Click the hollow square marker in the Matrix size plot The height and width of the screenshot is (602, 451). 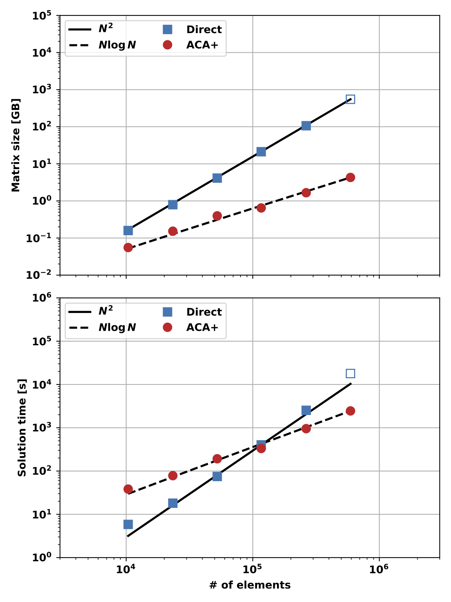350,99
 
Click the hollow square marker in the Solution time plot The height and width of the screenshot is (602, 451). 350,373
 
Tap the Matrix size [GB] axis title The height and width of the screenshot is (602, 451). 16,145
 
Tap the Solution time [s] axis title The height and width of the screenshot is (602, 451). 22,428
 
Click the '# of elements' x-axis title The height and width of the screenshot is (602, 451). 250,585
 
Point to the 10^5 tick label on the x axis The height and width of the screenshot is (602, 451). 252,569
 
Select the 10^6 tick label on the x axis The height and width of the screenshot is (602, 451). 379,569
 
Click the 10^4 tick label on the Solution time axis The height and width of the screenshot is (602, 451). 42,385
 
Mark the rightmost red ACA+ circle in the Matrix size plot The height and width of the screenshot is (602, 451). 350,177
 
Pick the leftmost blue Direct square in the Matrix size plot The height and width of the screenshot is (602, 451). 128,230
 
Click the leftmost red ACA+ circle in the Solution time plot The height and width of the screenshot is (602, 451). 128,489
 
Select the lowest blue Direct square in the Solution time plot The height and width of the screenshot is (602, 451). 128,524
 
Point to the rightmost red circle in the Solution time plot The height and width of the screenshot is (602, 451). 350,411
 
